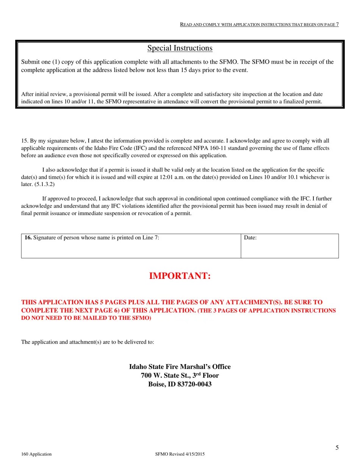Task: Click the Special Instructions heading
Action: click(180, 48)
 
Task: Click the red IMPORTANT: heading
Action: click(180, 276)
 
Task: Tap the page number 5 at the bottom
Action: click(337, 448)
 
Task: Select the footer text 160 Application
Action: click(36, 454)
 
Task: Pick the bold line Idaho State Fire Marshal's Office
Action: click(180, 367)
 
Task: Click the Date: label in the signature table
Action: click(250, 238)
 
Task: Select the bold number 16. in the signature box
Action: click(28, 238)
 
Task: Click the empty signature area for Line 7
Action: click(131, 250)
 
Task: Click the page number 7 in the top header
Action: click(337, 24)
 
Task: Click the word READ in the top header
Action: click(186, 25)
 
